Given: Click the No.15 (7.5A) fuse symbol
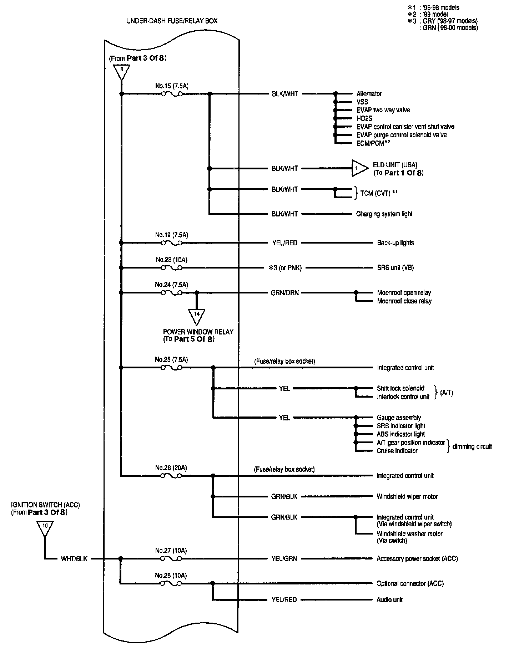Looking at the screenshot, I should click(x=171, y=94).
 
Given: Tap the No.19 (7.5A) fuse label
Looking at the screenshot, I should click(x=171, y=235).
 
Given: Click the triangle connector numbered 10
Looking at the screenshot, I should click(x=45, y=527).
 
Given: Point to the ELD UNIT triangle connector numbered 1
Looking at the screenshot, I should click(x=358, y=168).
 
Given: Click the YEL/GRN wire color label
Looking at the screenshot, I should click(x=284, y=558).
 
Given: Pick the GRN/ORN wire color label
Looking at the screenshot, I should click(x=285, y=293).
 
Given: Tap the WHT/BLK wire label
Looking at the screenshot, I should click(x=74, y=559).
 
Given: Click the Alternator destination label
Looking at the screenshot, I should click(x=369, y=94).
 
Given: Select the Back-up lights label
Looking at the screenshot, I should click(x=395, y=243).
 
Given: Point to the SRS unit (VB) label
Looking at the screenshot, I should click(x=395, y=268).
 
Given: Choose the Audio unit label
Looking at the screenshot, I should click(x=389, y=600).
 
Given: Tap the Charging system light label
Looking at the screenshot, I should click(x=384, y=214).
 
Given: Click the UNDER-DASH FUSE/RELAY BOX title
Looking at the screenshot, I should click(x=172, y=21).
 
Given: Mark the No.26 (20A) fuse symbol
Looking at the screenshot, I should click(x=171, y=476).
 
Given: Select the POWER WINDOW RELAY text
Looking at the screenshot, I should click(x=198, y=332).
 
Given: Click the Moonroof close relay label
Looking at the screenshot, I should click(x=404, y=301).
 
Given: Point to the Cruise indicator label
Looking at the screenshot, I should click(x=397, y=451).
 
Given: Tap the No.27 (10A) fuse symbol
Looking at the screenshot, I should click(x=171, y=559).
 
